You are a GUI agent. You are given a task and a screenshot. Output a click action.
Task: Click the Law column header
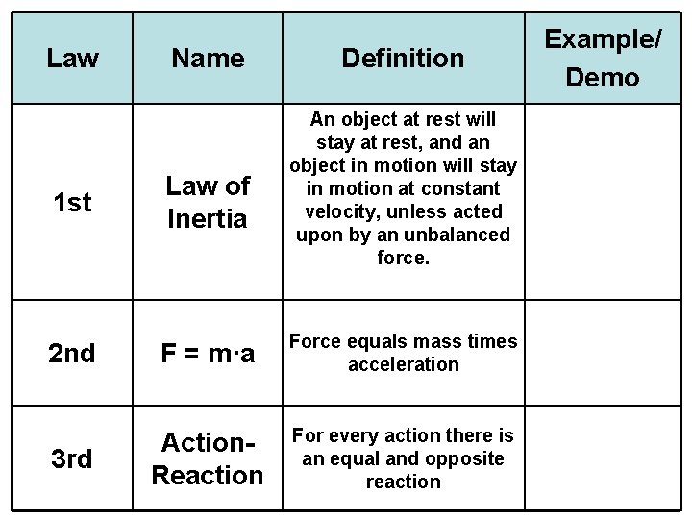[x=72, y=59]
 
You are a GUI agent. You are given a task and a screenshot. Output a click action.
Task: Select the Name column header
[x=208, y=59]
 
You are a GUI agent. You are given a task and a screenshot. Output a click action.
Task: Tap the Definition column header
[x=403, y=59]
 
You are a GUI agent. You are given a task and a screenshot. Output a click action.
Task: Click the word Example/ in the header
[x=603, y=39]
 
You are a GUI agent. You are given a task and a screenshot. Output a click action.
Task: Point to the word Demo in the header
[x=603, y=77]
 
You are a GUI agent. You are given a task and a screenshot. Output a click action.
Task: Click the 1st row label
[x=72, y=203]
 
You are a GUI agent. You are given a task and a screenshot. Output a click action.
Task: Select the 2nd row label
[x=72, y=354]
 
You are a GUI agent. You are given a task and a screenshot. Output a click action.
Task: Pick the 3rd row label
[x=72, y=459]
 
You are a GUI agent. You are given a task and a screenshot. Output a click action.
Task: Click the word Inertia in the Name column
[x=207, y=219]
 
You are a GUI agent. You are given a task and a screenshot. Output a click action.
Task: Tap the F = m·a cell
[x=208, y=354]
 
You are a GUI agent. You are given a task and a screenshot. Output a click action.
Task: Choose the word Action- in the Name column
[x=208, y=443]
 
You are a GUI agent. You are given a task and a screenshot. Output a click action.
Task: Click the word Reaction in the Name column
[x=208, y=476]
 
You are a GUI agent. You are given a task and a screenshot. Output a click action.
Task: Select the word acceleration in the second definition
[x=403, y=365]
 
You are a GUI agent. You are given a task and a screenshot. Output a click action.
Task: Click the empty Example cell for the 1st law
[x=602, y=203]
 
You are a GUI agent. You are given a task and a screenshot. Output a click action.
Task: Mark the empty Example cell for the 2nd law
[x=602, y=352]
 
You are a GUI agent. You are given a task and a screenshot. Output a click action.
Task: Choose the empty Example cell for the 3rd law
[x=602, y=457]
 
